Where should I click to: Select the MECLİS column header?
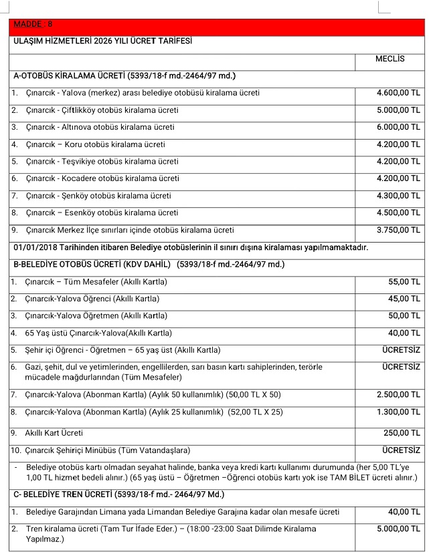[x=389, y=59]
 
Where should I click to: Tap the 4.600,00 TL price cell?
[x=398, y=93]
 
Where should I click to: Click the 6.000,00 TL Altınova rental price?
[x=398, y=127]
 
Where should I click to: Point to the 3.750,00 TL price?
[x=398, y=230]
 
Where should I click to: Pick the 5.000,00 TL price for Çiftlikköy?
[x=398, y=110]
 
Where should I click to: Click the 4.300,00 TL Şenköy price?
[x=398, y=196]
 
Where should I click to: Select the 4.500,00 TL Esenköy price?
[x=398, y=213]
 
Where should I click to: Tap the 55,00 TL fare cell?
[x=404, y=282]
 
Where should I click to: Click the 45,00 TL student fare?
[x=404, y=299]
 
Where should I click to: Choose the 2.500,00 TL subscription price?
[x=398, y=394]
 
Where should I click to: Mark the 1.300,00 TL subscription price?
[x=398, y=412]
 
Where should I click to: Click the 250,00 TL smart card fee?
[x=402, y=433]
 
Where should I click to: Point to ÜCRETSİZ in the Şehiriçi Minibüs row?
[x=401, y=450]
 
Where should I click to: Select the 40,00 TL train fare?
[x=404, y=512]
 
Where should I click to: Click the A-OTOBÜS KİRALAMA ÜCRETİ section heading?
[x=124, y=76]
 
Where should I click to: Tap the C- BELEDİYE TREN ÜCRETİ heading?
[x=118, y=495]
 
